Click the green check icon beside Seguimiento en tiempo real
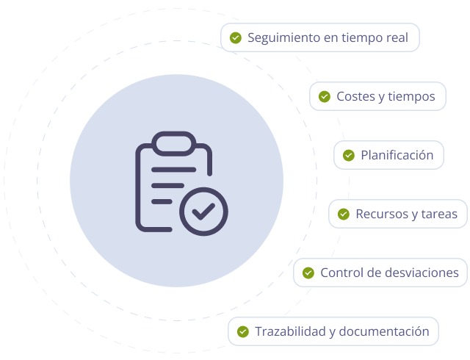pyautogui.click(x=236, y=37)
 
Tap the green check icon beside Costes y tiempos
pyautogui.click(x=324, y=96)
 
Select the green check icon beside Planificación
pyautogui.click(x=349, y=155)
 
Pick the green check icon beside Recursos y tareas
pyautogui.click(x=343, y=214)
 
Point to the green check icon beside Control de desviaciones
pyautogui.click(x=308, y=273)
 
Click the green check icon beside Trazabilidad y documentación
pyautogui.click(x=242, y=331)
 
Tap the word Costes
pyautogui.click(x=355, y=96)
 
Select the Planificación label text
pyautogui.click(x=397, y=155)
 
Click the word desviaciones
pyautogui.click(x=422, y=273)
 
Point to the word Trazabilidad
pyautogui.click(x=289, y=331)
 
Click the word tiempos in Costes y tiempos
pyautogui.click(x=411, y=96)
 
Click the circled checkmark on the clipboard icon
pyautogui.click(x=203, y=212)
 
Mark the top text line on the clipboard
pyautogui.click(x=173, y=169)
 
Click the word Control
pyautogui.click(x=341, y=273)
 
